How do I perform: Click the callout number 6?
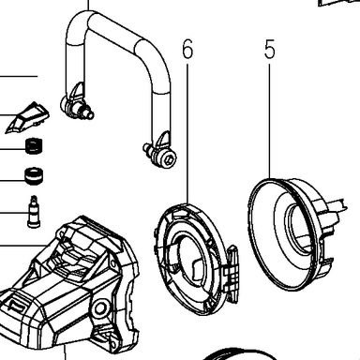187,50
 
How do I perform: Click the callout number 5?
270,50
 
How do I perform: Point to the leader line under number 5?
269,121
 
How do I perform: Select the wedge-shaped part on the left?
27,117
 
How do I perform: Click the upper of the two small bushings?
34,145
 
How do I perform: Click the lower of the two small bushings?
34,176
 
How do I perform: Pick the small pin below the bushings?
34,212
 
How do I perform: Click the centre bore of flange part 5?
297,228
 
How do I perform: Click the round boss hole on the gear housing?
100,307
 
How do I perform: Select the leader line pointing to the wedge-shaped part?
9,115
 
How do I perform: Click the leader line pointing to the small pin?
14,213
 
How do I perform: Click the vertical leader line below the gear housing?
66,352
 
